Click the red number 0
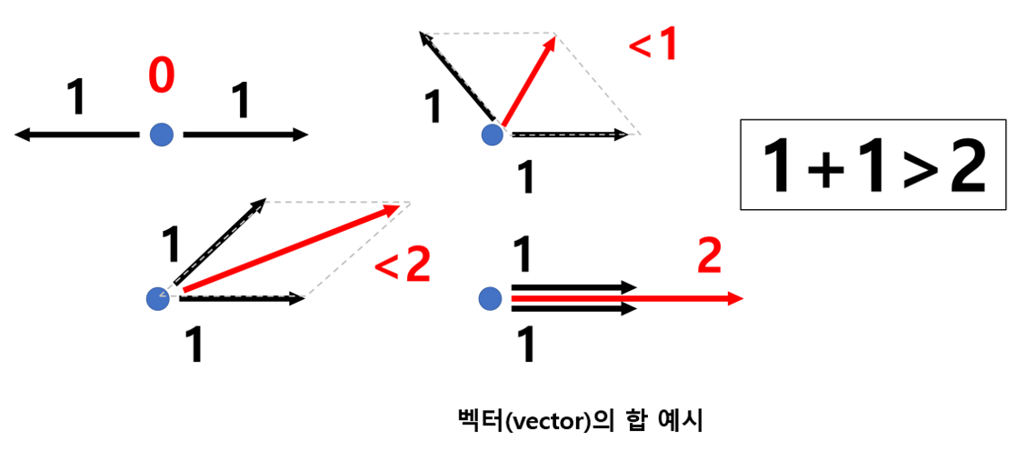click(161, 78)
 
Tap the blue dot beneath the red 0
click(162, 135)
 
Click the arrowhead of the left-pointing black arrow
click(22, 135)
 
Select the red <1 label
click(653, 45)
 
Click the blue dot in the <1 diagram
click(492, 135)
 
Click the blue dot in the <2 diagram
click(158, 297)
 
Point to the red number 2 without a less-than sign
click(709, 258)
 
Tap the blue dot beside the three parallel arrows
click(490, 297)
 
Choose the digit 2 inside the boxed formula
click(967, 167)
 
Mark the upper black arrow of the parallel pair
click(573, 286)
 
